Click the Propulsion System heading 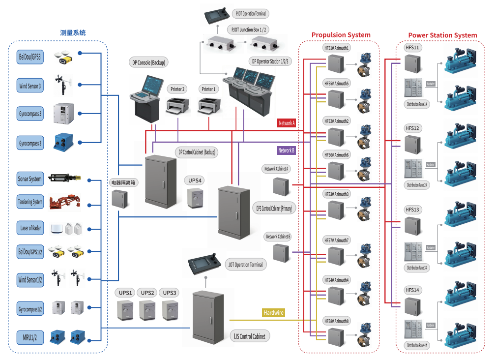pos(341,35)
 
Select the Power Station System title pos(442,35)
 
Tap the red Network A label pos(287,123)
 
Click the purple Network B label pos(286,150)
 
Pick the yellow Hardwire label pos(274,312)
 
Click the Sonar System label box pos(30,179)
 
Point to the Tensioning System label pos(30,202)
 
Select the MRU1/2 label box pos(30,338)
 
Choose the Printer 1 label pos(208,89)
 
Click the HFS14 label pos(412,290)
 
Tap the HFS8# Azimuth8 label pos(336,321)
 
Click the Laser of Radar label pos(30,228)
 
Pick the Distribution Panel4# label pos(417,346)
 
